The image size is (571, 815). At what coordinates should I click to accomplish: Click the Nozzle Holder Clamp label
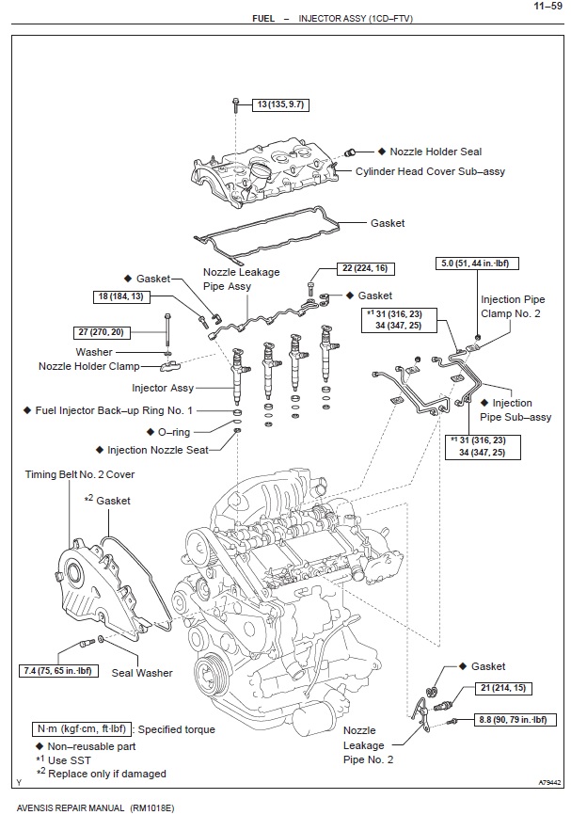point(88,366)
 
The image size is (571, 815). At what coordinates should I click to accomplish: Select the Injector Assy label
point(163,387)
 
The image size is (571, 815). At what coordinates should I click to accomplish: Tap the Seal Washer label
point(142,673)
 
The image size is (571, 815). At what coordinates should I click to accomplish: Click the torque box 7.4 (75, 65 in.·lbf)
point(57,671)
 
